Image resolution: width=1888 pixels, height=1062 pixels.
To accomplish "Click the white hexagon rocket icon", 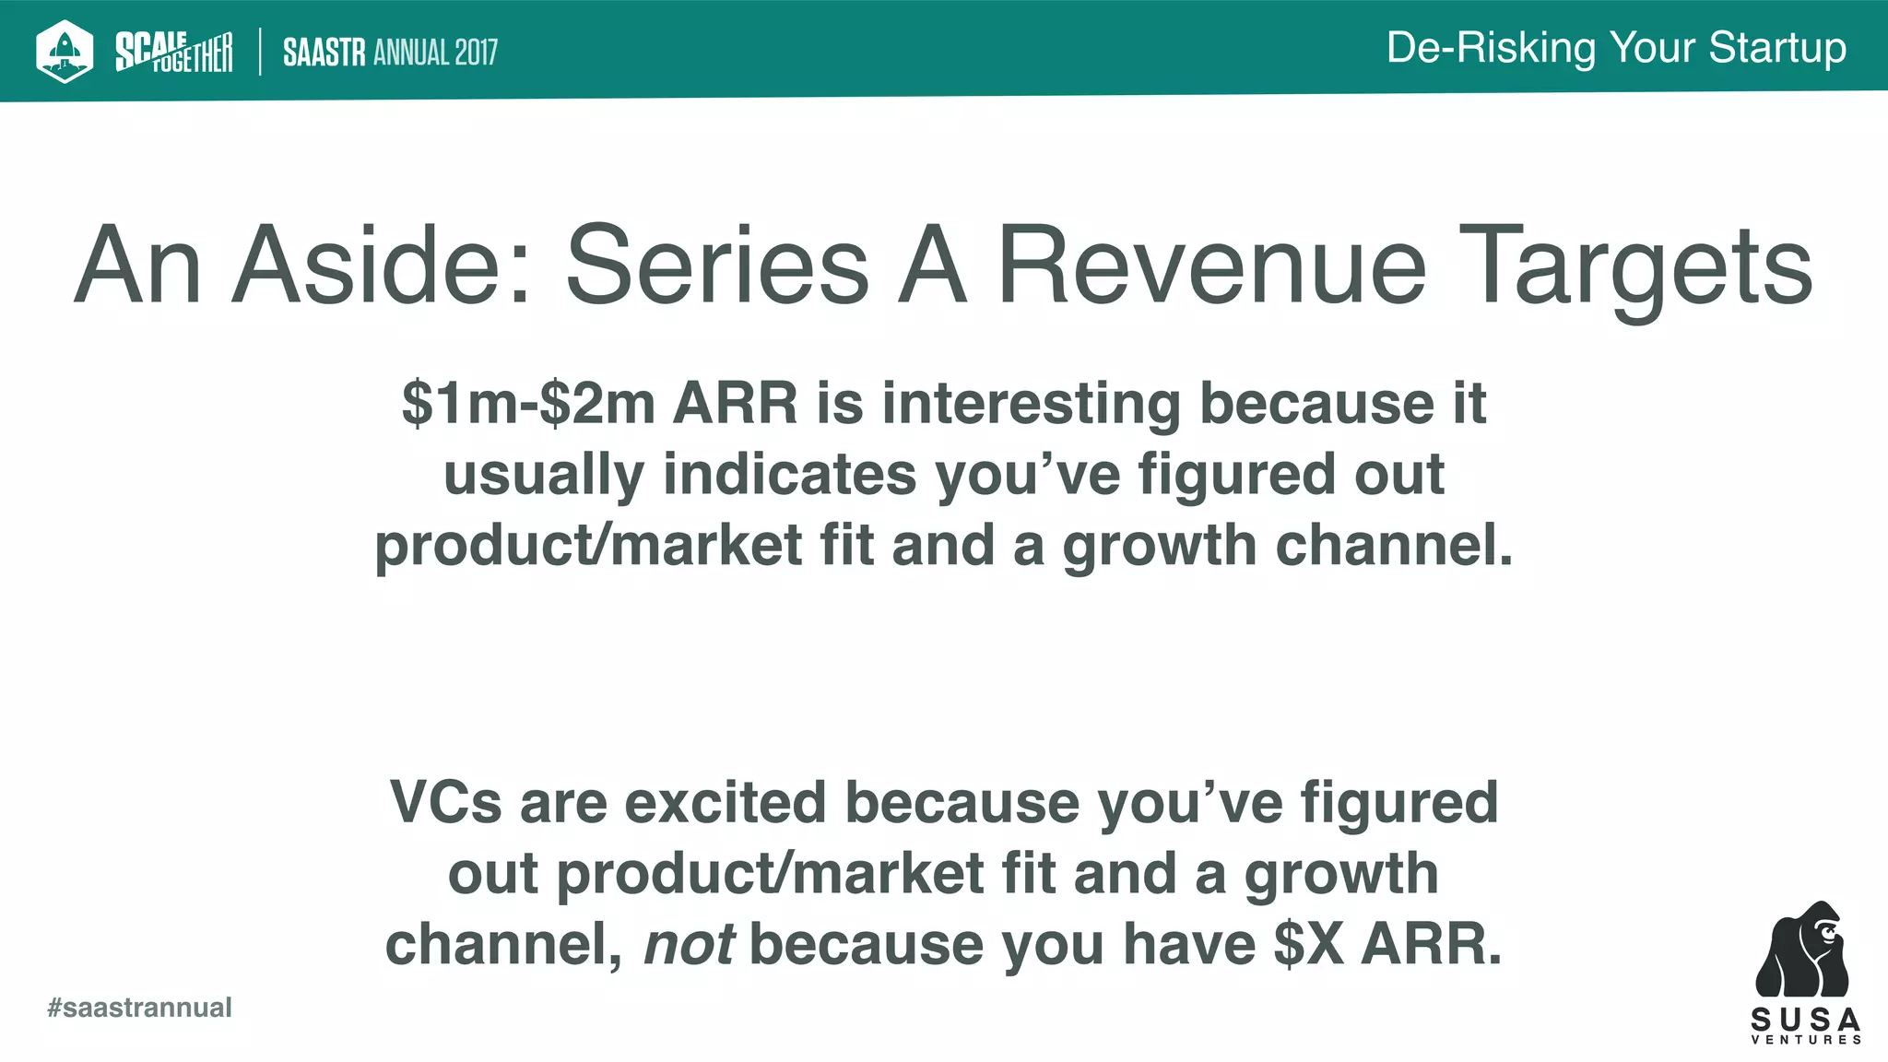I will [x=65, y=51].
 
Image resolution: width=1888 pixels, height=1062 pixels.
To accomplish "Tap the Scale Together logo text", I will [x=173, y=52].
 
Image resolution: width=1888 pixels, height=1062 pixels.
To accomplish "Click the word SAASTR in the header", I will [x=324, y=53].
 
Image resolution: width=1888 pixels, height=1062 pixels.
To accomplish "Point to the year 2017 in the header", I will [x=476, y=53].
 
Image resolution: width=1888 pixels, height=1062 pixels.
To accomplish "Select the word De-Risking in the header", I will [x=1491, y=48].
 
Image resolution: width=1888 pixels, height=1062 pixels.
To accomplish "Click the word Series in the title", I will [x=717, y=266].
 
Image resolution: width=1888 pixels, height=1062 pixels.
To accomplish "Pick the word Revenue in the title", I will [x=1212, y=266].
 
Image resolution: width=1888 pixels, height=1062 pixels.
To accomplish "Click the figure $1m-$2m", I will [x=528, y=404].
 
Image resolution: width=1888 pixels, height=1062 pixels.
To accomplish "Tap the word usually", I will [x=543, y=475].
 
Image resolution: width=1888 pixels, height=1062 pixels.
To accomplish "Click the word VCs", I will [x=445, y=803].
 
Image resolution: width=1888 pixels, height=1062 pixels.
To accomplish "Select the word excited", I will [x=725, y=803].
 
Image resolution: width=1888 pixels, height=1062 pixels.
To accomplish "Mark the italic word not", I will [x=689, y=945].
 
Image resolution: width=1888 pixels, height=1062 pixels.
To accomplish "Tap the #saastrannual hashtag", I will [x=140, y=1008].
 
